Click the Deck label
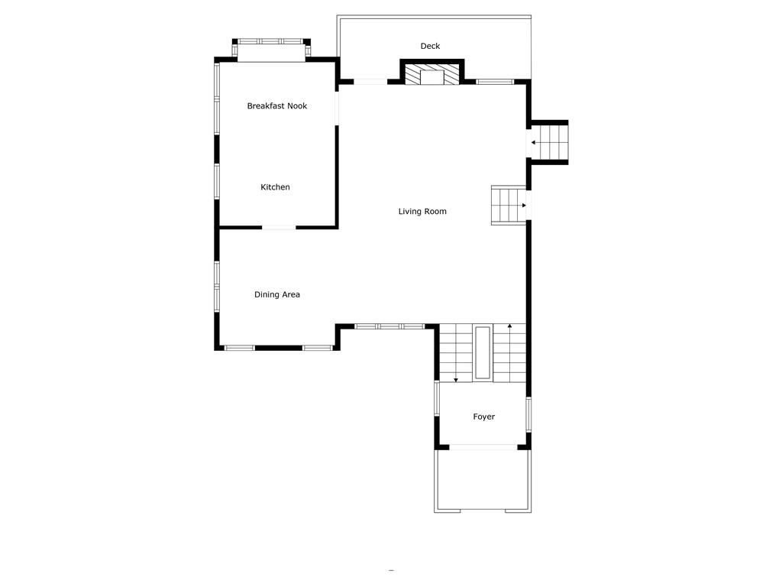click(x=430, y=46)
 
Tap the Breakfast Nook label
click(x=276, y=106)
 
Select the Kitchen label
click(x=275, y=187)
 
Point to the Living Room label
click(x=422, y=211)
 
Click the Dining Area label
click(x=276, y=294)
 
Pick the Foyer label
click(x=483, y=417)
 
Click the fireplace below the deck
click(x=432, y=74)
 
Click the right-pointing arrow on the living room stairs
click(x=523, y=205)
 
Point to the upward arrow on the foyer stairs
click(x=509, y=328)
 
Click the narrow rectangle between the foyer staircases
click(x=483, y=352)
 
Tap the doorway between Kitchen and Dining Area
click(x=280, y=227)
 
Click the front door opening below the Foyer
click(x=482, y=447)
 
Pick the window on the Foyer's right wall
click(x=528, y=414)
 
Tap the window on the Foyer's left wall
click(x=437, y=398)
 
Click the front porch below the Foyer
click(x=483, y=479)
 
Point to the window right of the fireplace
click(x=495, y=81)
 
